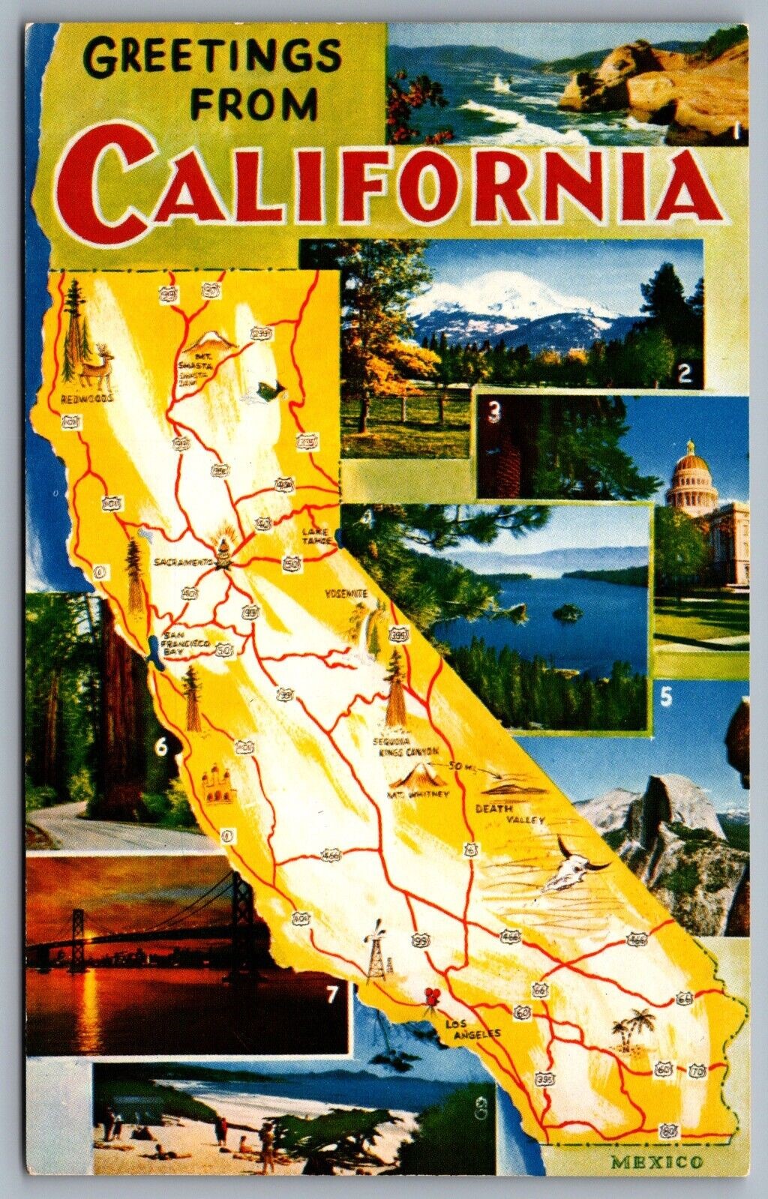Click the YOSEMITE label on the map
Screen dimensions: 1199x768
pyautogui.click(x=346, y=593)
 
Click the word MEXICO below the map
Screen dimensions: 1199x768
pyautogui.click(x=657, y=1163)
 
